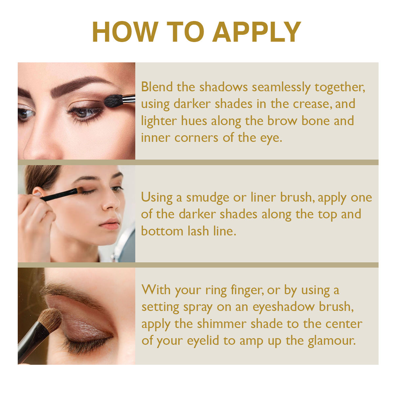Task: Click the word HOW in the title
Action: tap(125, 32)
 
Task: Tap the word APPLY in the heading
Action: tap(257, 32)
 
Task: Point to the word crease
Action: tap(312, 104)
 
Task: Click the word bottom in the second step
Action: tap(162, 231)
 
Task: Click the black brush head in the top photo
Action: tap(114, 101)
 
